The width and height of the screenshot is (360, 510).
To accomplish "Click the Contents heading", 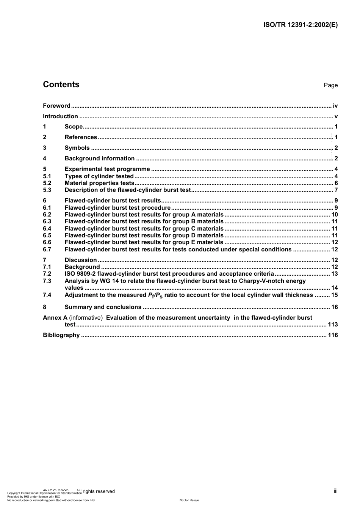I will [x=61, y=85].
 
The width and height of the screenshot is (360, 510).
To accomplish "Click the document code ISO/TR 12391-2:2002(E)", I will [x=300, y=25].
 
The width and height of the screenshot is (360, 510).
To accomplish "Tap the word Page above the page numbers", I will [x=330, y=85].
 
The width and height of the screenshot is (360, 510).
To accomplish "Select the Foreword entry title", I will [x=56, y=106].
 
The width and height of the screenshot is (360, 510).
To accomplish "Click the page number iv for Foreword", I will [x=335, y=106].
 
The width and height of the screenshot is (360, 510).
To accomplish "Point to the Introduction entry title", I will [x=60, y=116].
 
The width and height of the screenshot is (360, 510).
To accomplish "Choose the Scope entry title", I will [x=74, y=127].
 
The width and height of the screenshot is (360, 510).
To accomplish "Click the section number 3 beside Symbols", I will [x=45, y=148].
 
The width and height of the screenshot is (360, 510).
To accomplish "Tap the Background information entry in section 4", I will [x=99, y=158].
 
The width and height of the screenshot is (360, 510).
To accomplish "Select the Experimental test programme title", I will [x=107, y=169].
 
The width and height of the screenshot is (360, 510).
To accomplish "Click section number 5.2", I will [x=47, y=183].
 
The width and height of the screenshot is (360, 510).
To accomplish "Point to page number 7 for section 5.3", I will [x=336, y=190].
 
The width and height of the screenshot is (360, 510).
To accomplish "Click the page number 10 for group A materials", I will [x=334, y=215].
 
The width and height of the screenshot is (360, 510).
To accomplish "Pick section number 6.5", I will [x=47, y=235].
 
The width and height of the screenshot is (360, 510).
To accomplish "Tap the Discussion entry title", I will [x=81, y=260].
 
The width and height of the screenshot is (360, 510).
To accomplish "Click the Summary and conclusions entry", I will [x=103, y=307].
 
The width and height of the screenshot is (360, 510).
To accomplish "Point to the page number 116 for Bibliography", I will [x=333, y=335].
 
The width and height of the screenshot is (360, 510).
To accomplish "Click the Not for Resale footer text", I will [x=189, y=500].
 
